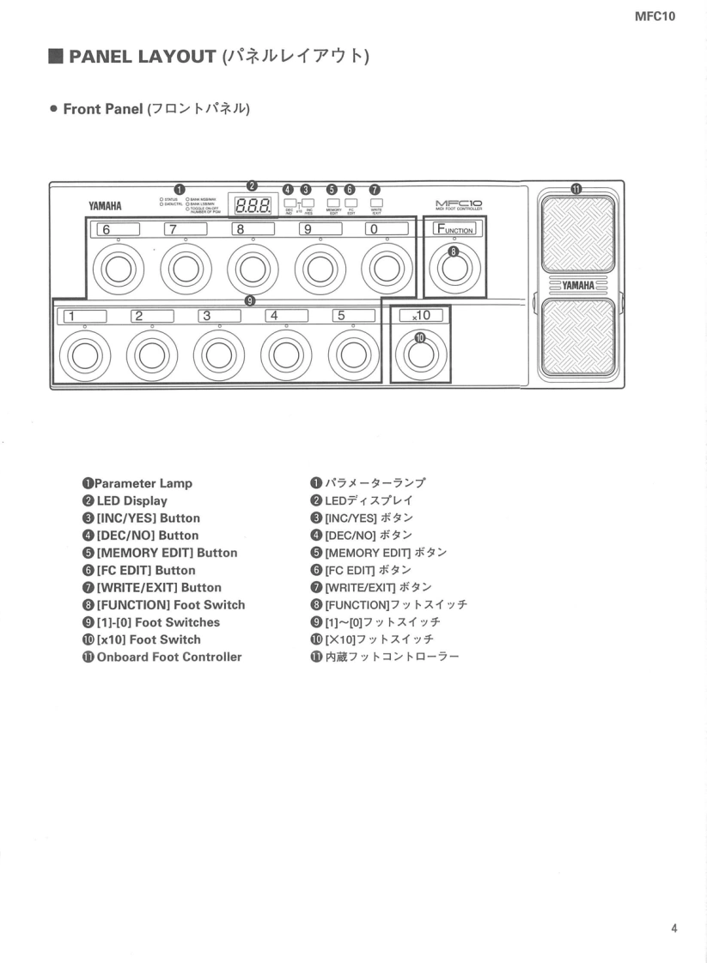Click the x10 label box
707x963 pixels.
click(420, 315)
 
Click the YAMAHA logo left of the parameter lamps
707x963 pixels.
click(104, 207)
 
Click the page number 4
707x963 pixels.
click(674, 927)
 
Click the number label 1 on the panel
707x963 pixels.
click(82, 315)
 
